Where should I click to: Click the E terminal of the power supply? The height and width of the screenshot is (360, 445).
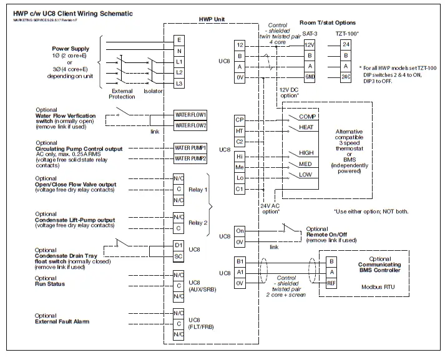pyautogui.click(x=180, y=40)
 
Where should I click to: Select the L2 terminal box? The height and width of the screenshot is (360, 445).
pyautogui.click(x=180, y=72)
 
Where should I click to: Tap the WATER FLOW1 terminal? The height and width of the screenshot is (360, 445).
pyautogui.click(x=190, y=115)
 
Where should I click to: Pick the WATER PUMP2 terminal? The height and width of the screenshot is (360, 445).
pyautogui.click(x=190, y=159)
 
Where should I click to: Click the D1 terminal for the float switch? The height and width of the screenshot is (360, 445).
pyautogui.click(x=179, y=245)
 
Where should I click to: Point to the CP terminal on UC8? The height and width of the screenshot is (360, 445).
pyautogui.click(x=240, y=120)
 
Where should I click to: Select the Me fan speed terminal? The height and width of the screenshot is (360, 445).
pyautogui.click(x=240, y=167)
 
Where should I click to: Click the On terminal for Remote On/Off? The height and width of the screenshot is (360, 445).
pyautogui.click(x=240, y=231)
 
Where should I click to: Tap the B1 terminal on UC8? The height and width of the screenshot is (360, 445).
pyautogui.click(x=240, y=261)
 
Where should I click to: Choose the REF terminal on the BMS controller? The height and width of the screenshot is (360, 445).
pyautogui.click(x=332, y=283)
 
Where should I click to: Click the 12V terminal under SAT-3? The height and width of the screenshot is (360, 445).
pyautogui.click(x=310, y=45)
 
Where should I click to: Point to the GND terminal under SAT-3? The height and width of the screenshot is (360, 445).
pyautogui.click(x=310, y=77)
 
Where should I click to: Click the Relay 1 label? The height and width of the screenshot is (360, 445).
pyautogui.click(x=198, y=189)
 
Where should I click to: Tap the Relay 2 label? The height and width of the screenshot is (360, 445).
pyautogui.click(x=198, y=222)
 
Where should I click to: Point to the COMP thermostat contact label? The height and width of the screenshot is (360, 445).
pyautogui.click(x=308, y=117)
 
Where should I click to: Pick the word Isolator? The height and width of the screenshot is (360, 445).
pyautogui.click(x=153, y=90)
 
